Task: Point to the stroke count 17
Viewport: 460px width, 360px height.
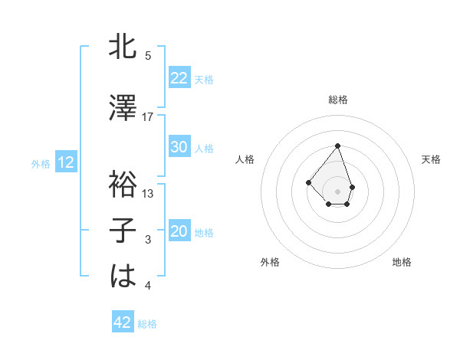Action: tap(148, 117)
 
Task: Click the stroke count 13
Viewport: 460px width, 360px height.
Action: tap(148, 194)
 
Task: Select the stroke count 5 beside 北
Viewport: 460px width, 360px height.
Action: tap(148, 56)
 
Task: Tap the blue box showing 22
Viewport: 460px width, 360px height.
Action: tap(179, 77)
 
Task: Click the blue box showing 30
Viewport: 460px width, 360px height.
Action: tap(179, 147)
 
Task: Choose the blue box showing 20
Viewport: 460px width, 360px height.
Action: tap(179, 232)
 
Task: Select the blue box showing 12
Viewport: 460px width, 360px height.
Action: tap(65, 162)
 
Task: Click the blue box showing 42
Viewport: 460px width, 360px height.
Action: tap(122, 322)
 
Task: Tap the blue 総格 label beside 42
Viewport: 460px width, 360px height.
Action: tap(147, 324)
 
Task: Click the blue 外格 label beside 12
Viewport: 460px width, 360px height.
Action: tap(40, 163)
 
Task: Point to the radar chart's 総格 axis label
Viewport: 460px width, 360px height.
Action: tap(337, 100)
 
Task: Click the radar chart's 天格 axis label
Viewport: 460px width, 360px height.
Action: tap(431, 159)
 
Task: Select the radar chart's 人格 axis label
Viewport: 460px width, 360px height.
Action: tap(245, 159)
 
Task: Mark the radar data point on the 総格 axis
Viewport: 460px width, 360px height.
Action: tap(337, 146)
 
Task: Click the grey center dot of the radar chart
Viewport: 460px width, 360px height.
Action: tap(337, 191)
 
